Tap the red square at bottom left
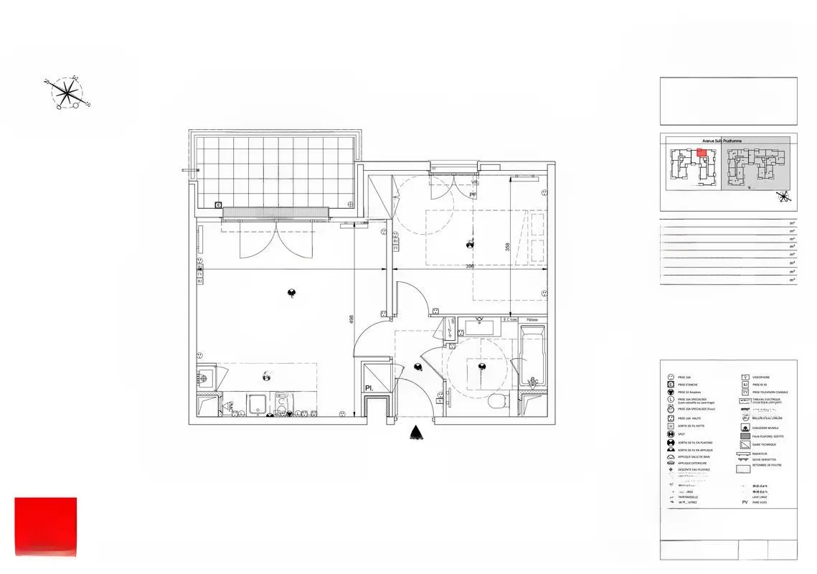click(45, 526)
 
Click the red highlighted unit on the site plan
click(702, 152)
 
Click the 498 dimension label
click(351, 320)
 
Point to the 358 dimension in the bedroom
click(506, 247)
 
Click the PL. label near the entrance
click(369, 388)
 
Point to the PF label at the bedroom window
click(473, 194)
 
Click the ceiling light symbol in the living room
click(292, 292)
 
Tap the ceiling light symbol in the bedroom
click(470, 244)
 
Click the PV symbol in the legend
click(745, 502)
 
